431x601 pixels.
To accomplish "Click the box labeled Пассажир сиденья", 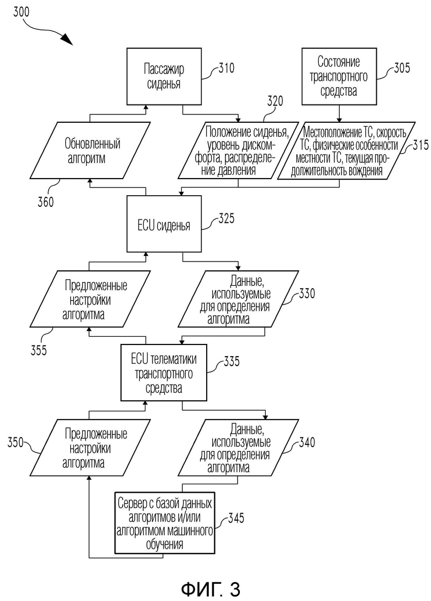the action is pos(164,76).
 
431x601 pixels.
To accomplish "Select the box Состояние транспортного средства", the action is pos(339,76).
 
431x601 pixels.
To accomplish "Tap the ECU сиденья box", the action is pos(164,224).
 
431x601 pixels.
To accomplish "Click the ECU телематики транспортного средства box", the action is pos(164,373).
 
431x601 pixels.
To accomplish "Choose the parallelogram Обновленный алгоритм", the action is pos(90,150).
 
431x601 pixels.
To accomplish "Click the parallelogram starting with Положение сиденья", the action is pos(238,150).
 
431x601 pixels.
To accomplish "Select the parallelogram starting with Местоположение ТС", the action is pos(346,150).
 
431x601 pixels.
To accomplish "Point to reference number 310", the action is pos(227,68).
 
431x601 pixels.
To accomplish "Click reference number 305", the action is pos(402,68).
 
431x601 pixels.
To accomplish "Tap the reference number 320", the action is pos(275,101).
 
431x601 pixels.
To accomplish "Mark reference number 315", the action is pos(421,145).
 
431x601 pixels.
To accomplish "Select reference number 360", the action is pos(46,202).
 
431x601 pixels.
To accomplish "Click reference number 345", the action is pos(236,518).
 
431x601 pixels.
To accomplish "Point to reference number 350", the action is pos(15,442).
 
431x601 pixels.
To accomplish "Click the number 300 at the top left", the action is pos(21,12).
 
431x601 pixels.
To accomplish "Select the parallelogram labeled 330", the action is pos(238,299).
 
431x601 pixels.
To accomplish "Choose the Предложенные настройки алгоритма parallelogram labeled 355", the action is pos(90,299).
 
